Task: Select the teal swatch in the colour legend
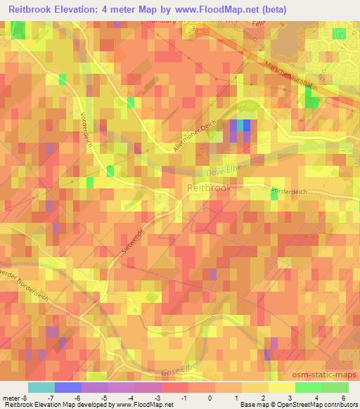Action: (x=41, y=387)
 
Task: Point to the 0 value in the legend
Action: (x=210, y=397)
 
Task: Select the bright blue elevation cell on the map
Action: (x=247, y=125)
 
